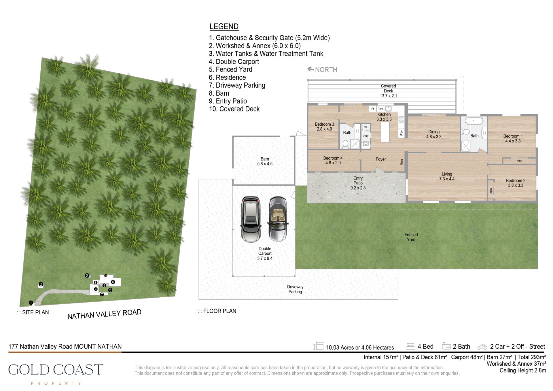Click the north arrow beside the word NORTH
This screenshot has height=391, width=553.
click(310, 69)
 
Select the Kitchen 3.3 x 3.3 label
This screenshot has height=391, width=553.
click(384, 117)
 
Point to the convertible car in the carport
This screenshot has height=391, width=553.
click(278, 219)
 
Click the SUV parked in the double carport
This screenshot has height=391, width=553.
click(251, 219)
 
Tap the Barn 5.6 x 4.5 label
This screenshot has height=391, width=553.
click(265, 161)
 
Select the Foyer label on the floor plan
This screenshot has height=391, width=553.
click(380, 159)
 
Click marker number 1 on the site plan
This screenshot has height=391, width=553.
click(31, 303)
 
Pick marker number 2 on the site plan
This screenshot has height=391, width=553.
click(41, 284)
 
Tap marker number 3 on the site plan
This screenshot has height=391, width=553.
click(87, 275)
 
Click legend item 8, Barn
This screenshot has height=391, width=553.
click(219, 93)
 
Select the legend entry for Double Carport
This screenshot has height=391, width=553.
click(234, 61)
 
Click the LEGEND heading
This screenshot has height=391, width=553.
click(224, 27)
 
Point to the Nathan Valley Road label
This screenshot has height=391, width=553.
click(104, 314)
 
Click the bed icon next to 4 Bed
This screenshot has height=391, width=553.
click(410, 346)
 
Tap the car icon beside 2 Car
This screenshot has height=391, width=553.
click(482, 347)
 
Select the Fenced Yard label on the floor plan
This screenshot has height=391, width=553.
click(411, 237)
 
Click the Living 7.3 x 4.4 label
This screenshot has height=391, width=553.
click(447, 176)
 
